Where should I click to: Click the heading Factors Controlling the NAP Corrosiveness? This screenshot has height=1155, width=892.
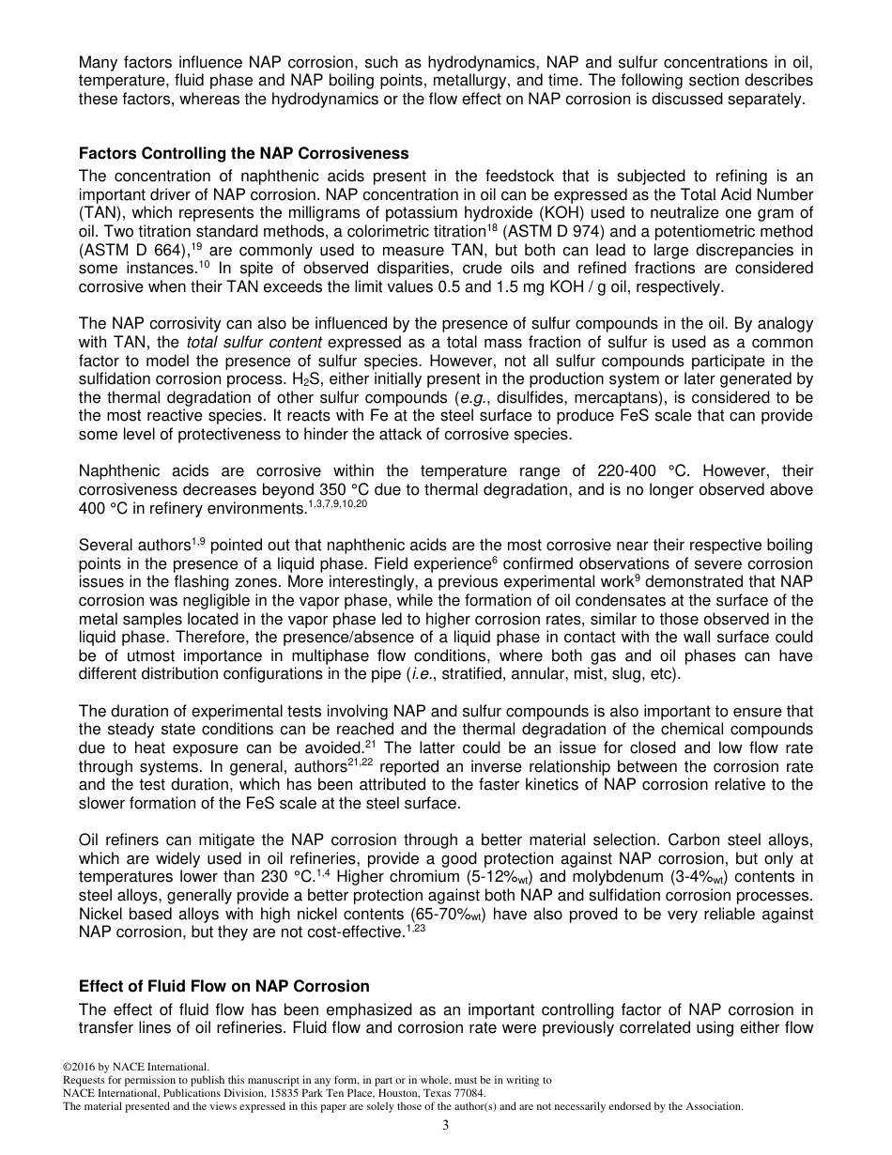pyautogui.click(x=243, y=153)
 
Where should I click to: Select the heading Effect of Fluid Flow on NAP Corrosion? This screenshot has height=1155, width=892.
pyautogui.click(x=223, y=986)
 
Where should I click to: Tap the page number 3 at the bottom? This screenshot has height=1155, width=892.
pyautogui.click(x=446, y=1126)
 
